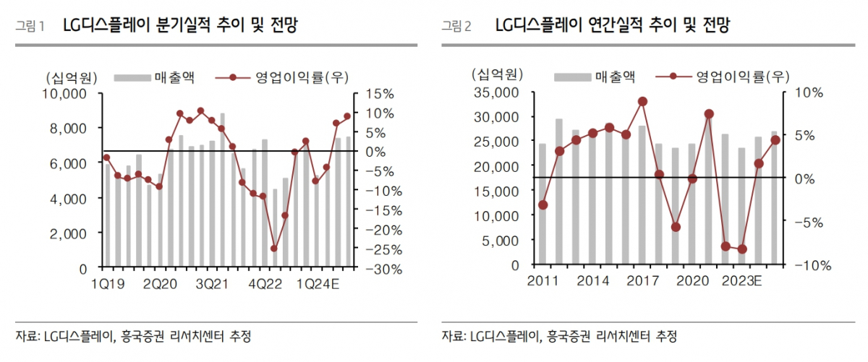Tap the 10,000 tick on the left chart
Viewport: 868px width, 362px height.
pos(67,94)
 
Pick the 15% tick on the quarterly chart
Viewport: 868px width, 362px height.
pos(380,94)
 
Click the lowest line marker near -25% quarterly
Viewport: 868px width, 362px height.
pos(274,249)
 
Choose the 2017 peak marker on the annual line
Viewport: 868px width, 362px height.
pos(642,102)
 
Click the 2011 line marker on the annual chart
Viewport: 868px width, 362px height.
pos(542,205)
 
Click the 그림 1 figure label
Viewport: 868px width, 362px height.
pos(30,27)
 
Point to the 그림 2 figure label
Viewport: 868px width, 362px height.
pos(456,27)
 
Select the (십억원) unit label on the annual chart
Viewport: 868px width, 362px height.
pos(494,74)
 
